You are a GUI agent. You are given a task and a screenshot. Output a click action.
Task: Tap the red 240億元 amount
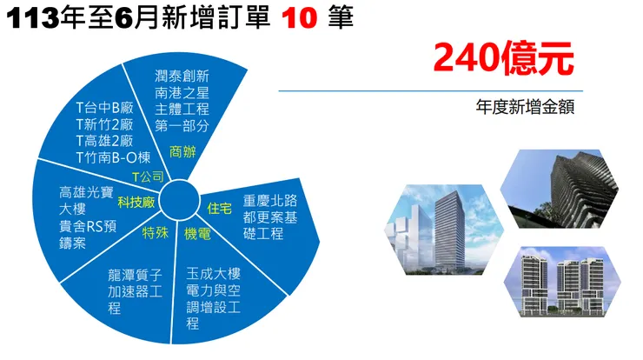504,58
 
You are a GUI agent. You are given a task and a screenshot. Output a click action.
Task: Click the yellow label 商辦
182,152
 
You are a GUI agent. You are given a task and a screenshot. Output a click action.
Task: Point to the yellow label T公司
147,177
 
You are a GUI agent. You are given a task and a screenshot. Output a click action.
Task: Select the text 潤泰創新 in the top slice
182,76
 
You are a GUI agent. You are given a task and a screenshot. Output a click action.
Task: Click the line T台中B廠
103,109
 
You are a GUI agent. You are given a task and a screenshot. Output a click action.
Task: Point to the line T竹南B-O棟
113,157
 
